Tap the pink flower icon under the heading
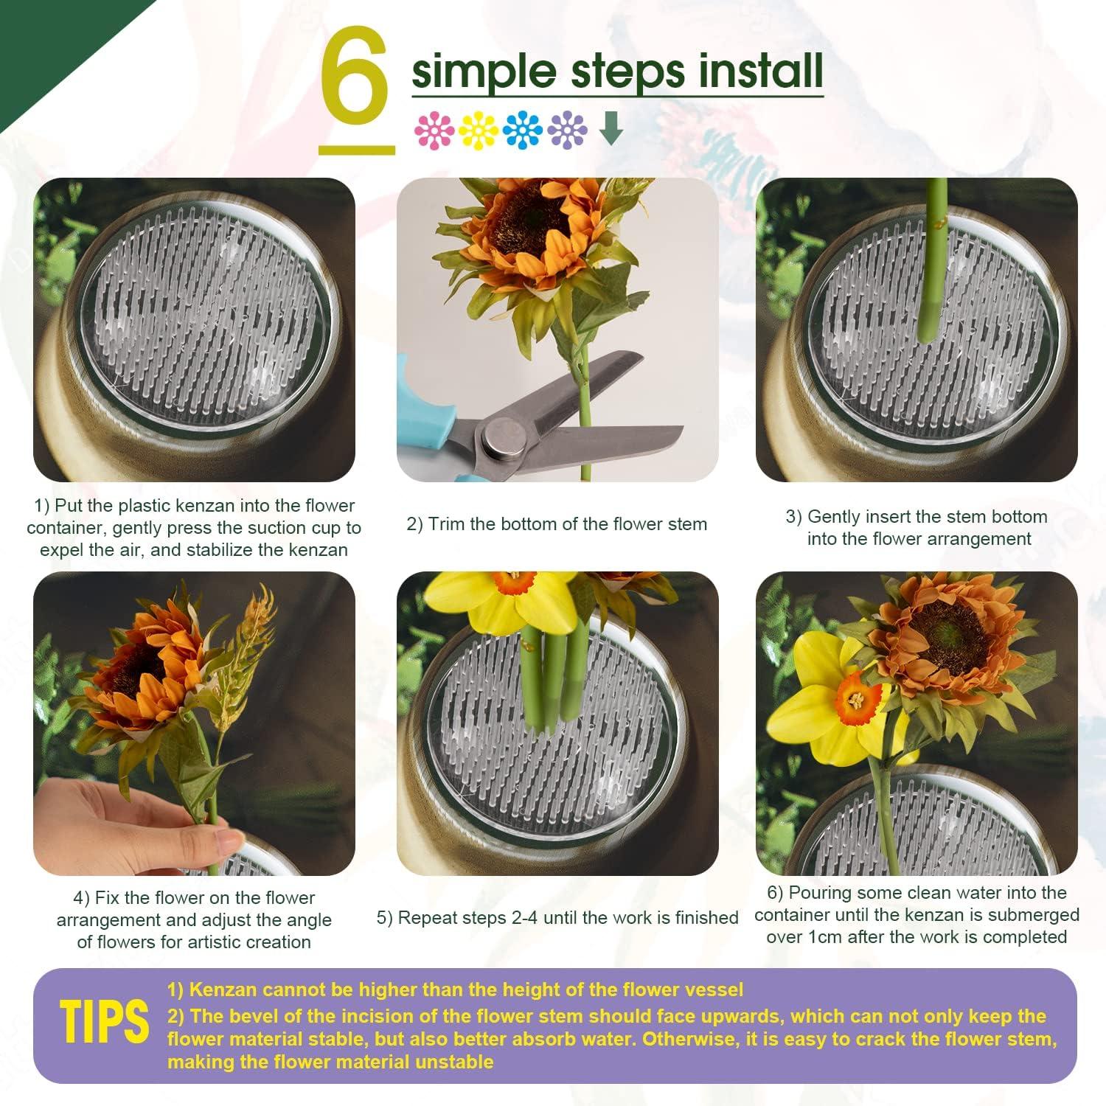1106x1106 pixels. tap(434, 131)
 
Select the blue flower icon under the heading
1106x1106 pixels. tap(523, 131)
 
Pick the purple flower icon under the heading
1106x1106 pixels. tap(568, 131)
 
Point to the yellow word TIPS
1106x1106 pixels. tap(104, 1022)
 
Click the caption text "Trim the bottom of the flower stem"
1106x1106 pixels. tap(567, 524)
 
